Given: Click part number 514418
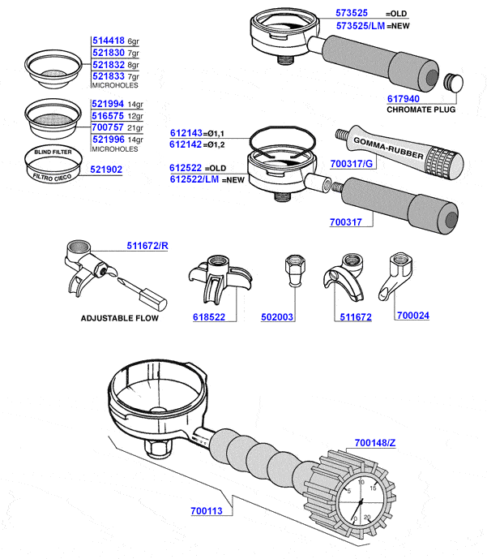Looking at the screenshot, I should (108, 41).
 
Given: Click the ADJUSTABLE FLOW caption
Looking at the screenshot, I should (119, 318).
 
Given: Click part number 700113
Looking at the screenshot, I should (210, 512).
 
